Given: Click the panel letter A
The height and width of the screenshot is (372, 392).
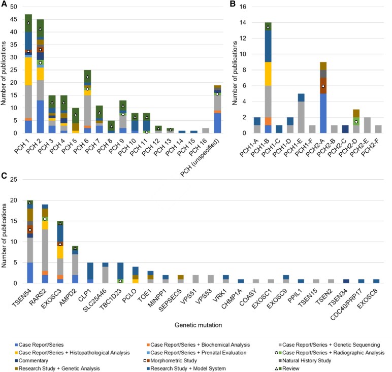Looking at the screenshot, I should (x=4, y=5).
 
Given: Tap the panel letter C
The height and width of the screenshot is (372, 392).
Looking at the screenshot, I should (x=4, y=176).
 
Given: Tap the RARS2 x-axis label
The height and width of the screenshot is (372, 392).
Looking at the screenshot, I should (x=44, y=296).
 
